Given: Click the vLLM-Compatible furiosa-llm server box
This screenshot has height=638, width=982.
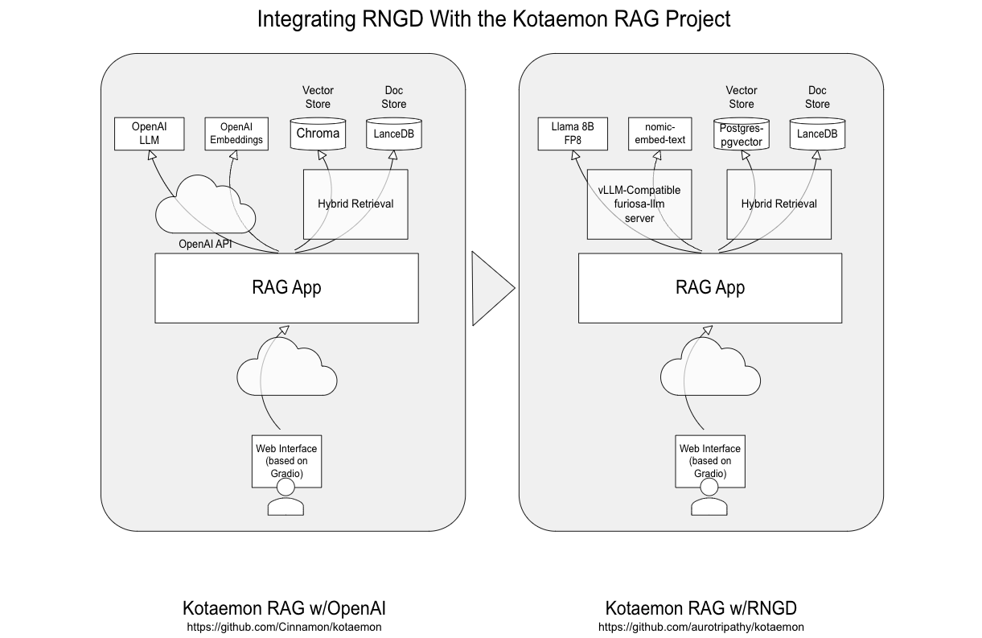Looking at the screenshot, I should coord(639,204).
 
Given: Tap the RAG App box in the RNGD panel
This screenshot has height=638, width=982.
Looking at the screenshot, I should coord(710,288).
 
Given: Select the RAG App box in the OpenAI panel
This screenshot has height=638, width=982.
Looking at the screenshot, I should coord(286,288).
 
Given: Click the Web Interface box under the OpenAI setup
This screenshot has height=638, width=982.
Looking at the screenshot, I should coord(286,461).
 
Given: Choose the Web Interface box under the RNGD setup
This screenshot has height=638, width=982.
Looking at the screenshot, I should coord(710,461).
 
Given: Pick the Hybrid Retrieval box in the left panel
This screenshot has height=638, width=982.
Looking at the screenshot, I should coord(355,204).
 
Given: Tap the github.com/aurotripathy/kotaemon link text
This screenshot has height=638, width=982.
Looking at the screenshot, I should coord(701,627).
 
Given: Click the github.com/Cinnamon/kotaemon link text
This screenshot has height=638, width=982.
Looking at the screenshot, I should coord(284,627).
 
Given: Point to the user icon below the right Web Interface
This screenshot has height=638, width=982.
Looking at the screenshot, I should coord(710,506).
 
